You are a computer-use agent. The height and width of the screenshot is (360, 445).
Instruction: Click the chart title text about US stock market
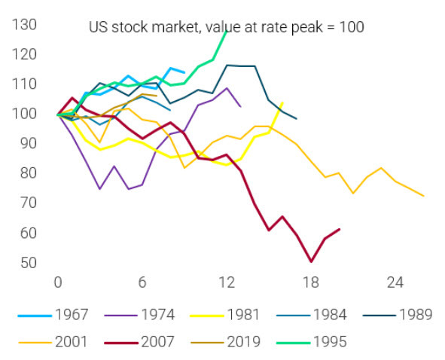point(226,27)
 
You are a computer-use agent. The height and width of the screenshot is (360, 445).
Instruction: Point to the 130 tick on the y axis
point(26,25)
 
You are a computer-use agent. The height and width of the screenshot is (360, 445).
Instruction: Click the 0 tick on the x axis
point(58,283)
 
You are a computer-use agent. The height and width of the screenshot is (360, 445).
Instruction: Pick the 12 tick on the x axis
point(227,283)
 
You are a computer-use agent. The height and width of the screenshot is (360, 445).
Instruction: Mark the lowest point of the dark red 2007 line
point(311,261)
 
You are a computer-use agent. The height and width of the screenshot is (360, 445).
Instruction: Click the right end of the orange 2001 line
point(424,196)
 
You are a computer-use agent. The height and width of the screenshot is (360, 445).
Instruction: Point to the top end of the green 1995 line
point(226,30)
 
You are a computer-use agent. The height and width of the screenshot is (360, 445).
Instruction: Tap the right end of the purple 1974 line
point(240,107)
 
